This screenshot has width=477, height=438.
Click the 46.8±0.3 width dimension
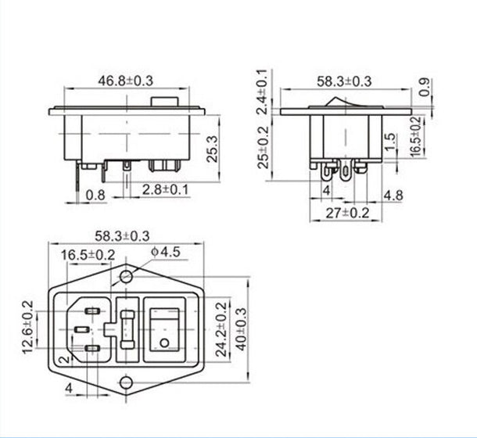(129, 81)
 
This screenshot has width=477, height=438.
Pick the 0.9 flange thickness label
(424, 88)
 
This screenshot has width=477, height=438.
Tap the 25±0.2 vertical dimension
(264, 146)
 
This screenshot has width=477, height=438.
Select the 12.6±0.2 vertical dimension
(29, 327)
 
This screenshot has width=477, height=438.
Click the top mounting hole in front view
(126, 277)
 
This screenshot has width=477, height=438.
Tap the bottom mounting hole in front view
(126, 380)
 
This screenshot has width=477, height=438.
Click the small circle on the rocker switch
(163, 343)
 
